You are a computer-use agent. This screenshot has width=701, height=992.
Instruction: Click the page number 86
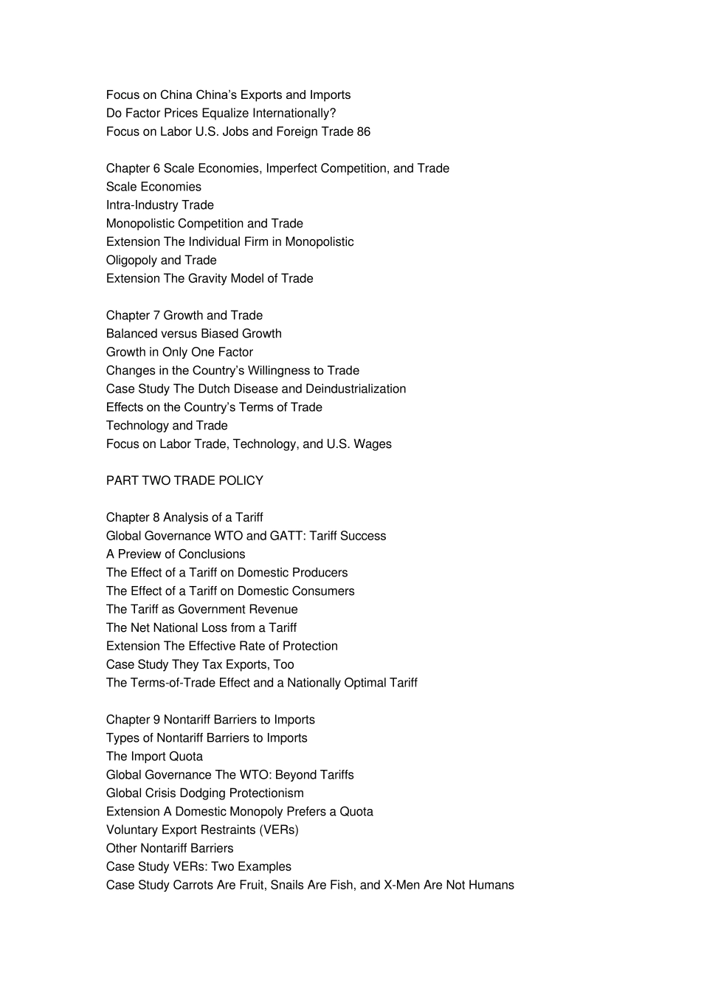pyautogui.click(x=363, y=131)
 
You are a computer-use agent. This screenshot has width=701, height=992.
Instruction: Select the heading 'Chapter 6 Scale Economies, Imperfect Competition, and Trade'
pyautogui.click(x=277, y=168)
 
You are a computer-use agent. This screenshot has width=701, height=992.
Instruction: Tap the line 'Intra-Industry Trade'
pyautogui.click(x=160, y=205)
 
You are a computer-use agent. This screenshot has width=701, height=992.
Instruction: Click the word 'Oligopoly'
pyautogui.click(x=131, y=260)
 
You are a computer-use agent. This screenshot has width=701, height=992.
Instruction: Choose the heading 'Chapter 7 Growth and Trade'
pyautogui.click(x=184, y=315)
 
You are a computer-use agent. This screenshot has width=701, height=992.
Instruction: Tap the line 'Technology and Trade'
pyautogui.click(x=167, y=425)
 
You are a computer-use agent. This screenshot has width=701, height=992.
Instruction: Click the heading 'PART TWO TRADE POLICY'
pyautogui.click(x=184, y=480)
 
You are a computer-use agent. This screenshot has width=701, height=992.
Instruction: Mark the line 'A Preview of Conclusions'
pyautogui.click(x=176, y=554)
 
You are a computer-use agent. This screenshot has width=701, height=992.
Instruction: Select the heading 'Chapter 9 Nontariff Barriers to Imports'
pyautogui.click(x=210, y=720)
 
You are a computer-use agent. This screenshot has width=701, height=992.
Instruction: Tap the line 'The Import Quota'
pyautogui.click(x=154, y=757)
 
